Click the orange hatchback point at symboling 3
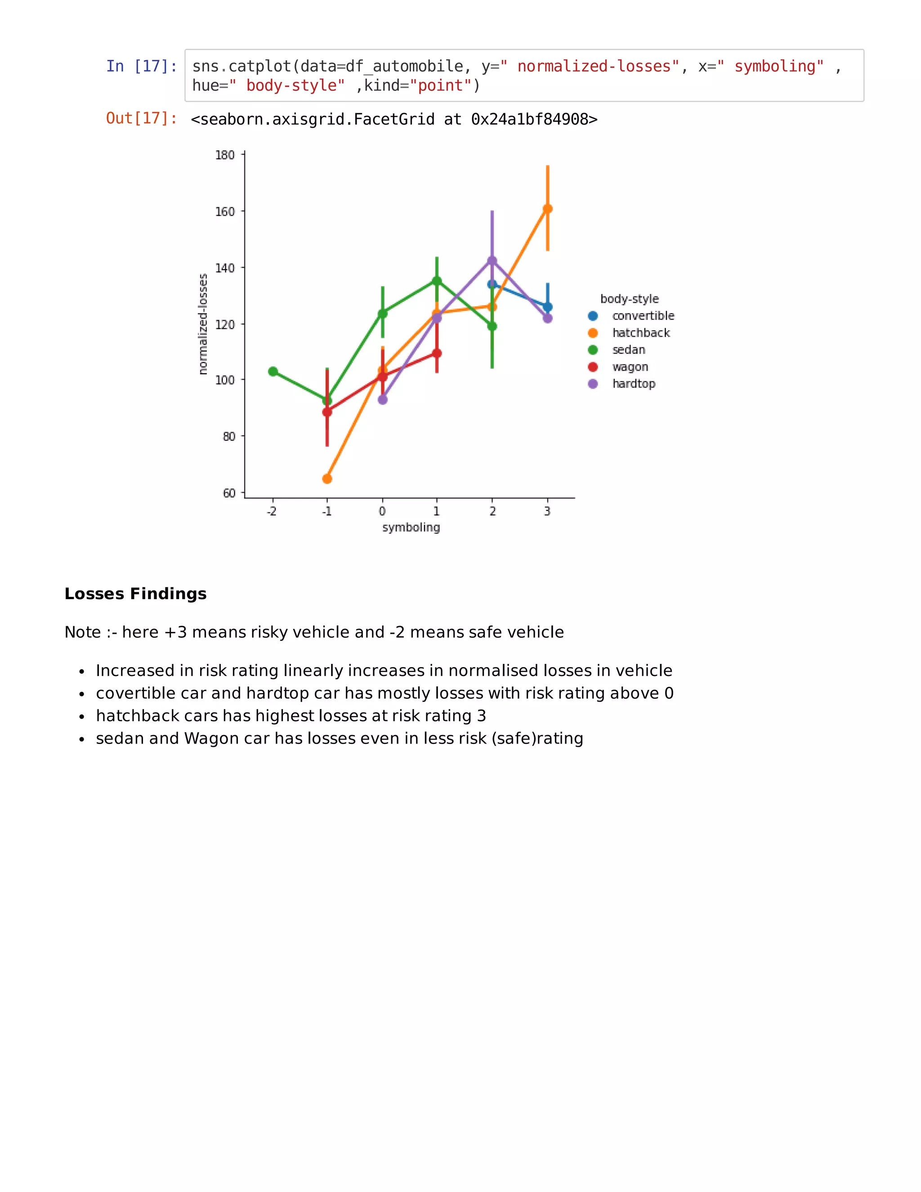(547, 209)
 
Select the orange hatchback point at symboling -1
(327, 479)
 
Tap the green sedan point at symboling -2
(273, 372)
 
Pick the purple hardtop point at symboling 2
(492, 261)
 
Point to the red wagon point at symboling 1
(437, 354)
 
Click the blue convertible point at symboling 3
(548, 307)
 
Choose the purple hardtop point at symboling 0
(383, 399)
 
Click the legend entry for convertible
(643, 316)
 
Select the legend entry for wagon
(630, 367)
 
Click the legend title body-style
(630, 299)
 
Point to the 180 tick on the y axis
(225, 155)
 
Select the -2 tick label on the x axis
(272, 511)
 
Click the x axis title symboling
(411, 527)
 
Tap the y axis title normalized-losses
(203, 324)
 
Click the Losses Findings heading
(135, 594)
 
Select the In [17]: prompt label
(142, 67)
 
